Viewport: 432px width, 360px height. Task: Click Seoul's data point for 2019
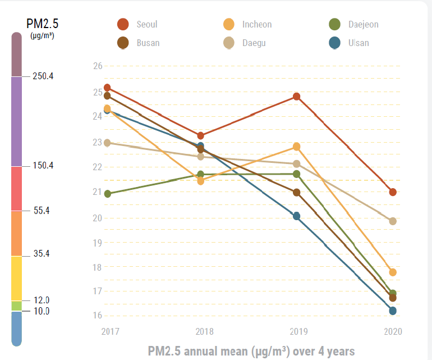coord(296,97)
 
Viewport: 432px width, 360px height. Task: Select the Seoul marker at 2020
coord(393,192)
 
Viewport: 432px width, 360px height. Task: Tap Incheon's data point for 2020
coord(393,272)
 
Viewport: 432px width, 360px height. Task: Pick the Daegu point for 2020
coord(393,221)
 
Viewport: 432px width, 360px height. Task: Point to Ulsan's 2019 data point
coord(296,216)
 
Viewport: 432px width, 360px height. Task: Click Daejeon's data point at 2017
coord(107,194)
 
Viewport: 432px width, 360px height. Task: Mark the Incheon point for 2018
coord(200,181)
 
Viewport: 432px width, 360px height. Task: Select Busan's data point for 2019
coord(296,193)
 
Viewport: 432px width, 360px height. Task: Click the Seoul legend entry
coord(137,24)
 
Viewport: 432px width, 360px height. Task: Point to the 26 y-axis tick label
coord(98,66)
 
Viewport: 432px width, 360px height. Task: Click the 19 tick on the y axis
coord(98,243)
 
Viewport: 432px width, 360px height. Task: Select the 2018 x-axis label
coord(200,331)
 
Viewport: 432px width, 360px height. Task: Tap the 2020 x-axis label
coord(393,331)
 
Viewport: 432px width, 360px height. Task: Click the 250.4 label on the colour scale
coord(43,76)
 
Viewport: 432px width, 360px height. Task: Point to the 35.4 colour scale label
coord(42,253)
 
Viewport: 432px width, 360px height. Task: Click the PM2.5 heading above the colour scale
coord(42,24)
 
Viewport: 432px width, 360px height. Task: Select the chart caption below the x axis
coord(251,351)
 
